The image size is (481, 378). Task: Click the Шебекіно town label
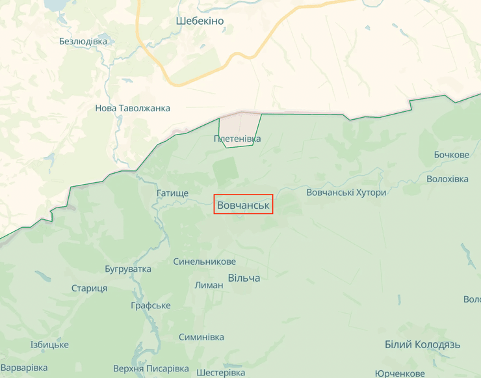pyautogui.click(x=200, y=21)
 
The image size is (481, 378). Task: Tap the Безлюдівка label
pyautogui.click(x=83, y=41)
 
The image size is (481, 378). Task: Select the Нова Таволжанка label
pyautogui.click(x=133, y=108)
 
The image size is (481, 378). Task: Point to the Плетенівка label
pyautogui.click(x=237, y=139)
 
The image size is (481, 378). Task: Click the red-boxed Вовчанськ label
pyautogui.click(x=243, y=205)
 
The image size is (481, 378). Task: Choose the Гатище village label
pyautogui.click(x=172, y=193)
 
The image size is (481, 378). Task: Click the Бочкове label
pyautogui.click(x=452, y=155)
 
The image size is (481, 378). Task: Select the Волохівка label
pyautogui.click(x=447, y=179)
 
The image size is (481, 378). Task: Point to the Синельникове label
pyautogui.click(x=205, y=262)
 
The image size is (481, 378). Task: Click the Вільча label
pyautogui.click(x=244, y=278)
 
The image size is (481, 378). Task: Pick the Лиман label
pyautogui.click(x=209, y=285)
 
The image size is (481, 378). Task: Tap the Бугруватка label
pyautogui.click(x=128, y=269)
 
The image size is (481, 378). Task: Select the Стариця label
pyautogui.click(x=89, y=288)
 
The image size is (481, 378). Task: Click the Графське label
pyautogui.click(x=150, y=305)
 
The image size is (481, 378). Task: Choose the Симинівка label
pyautogui.click(x=201, y=337)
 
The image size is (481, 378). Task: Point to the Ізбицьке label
pyautogui.click(x=49, y=345)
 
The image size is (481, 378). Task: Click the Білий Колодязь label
pyautogui.click(x=422, y=345)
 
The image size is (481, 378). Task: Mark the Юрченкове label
pyautogui.click(x=400, y=373)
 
